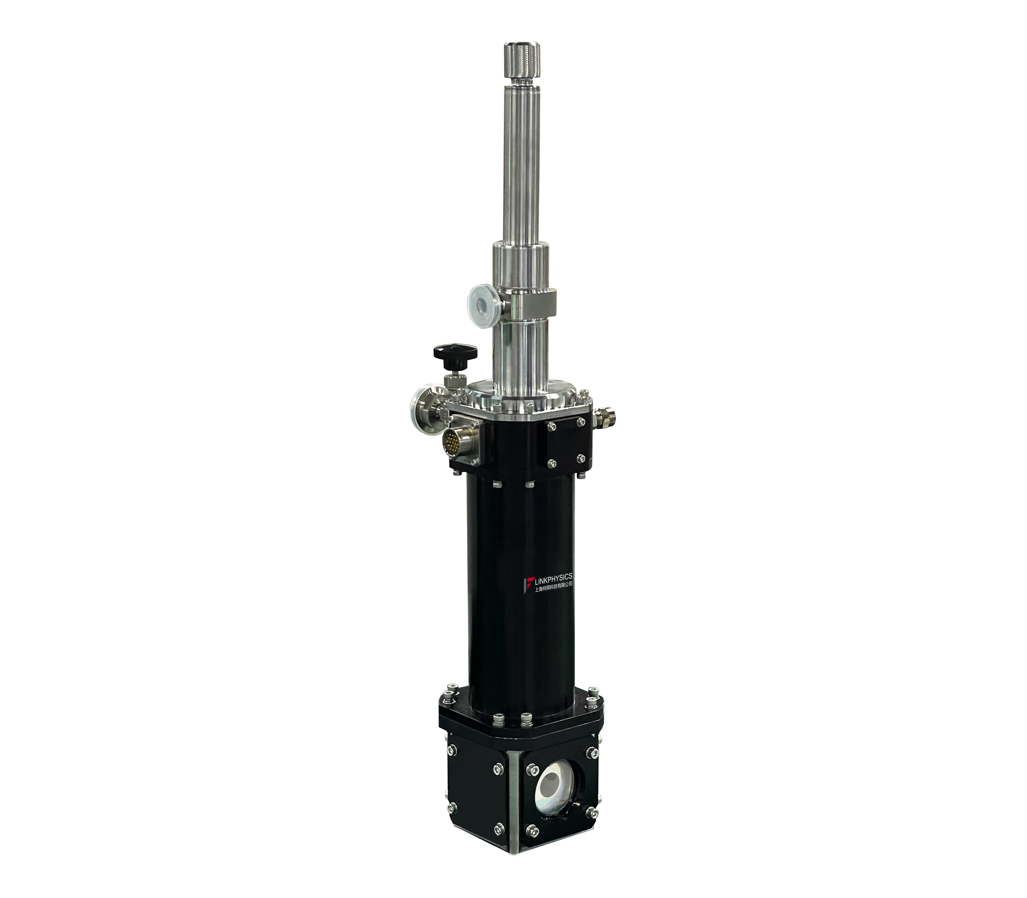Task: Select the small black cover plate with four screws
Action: click(x=566, y=442)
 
